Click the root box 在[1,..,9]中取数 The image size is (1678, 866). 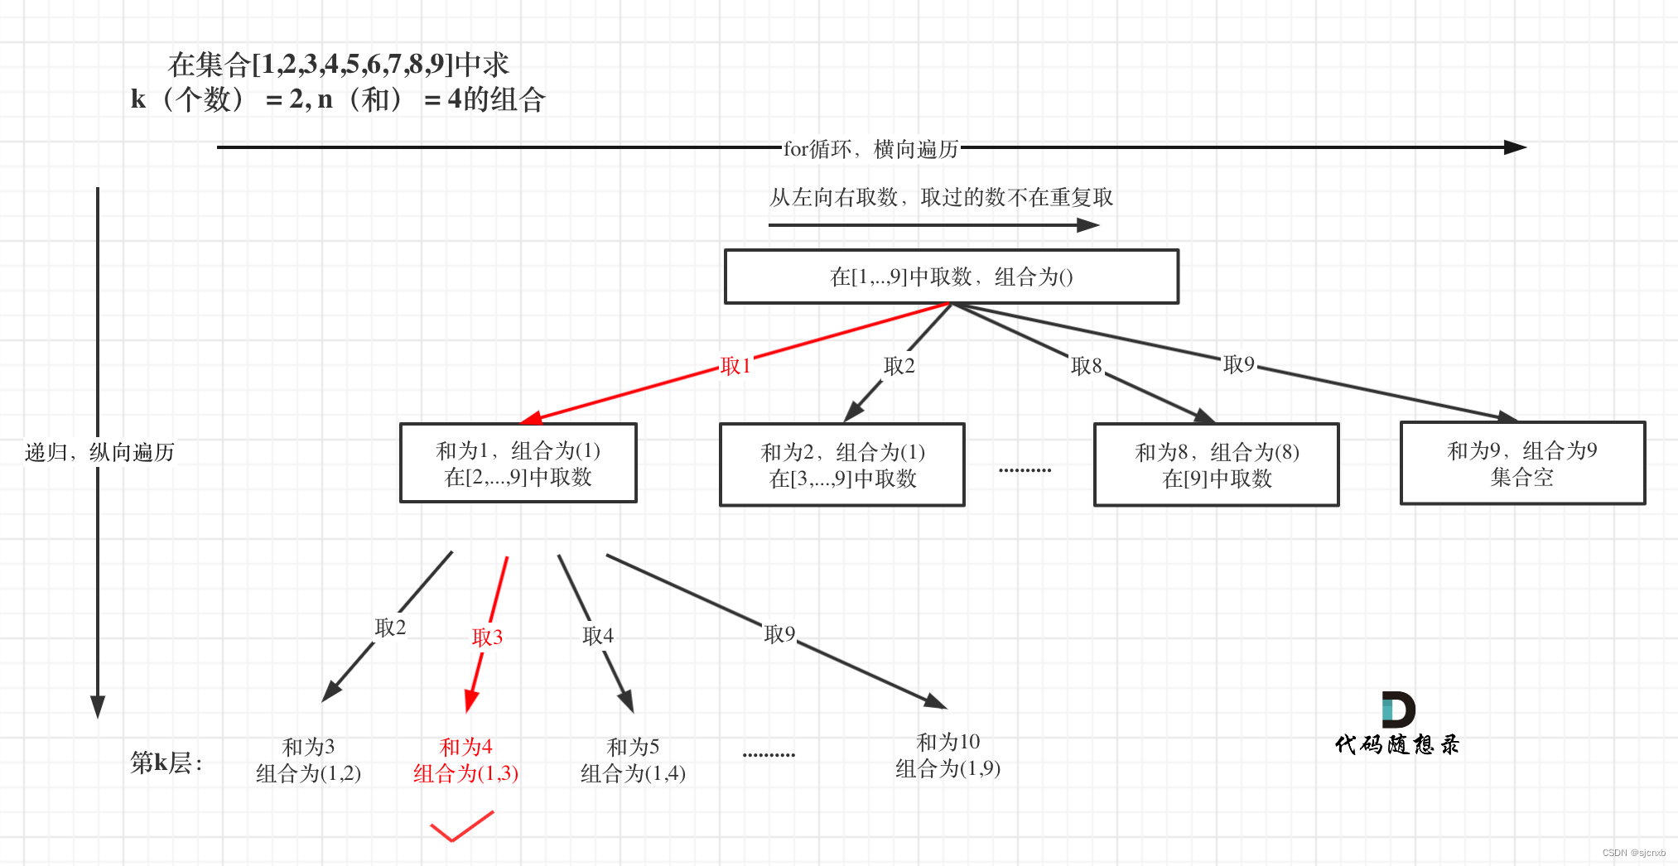(x=951, y=277)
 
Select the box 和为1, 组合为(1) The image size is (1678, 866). (x=518, y=463)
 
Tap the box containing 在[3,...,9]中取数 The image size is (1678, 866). (x=841, y=464)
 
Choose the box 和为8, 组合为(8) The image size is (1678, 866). (x=1216, y=464)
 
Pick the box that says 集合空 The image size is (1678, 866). (x=1521, y=464)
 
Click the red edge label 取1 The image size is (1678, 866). (x=735, y=366)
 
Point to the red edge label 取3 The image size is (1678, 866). (x=487, y=637)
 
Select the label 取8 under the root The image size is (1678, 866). (x=1086, y=366)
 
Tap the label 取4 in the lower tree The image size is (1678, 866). (x=597, y=635)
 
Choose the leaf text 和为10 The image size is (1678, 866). (x=947, y=742)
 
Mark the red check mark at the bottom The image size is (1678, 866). (x=460, y=826)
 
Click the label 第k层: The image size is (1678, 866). (x=166, y=762)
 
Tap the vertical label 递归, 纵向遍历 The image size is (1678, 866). (x=99, y=452)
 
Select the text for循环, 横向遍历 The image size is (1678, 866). (x=870, y=149)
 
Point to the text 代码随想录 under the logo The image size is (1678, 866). (x=1396, y=745)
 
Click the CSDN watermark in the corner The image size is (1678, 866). (x=1632, y=853)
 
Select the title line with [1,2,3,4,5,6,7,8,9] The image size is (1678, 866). (x=338, y=64)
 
